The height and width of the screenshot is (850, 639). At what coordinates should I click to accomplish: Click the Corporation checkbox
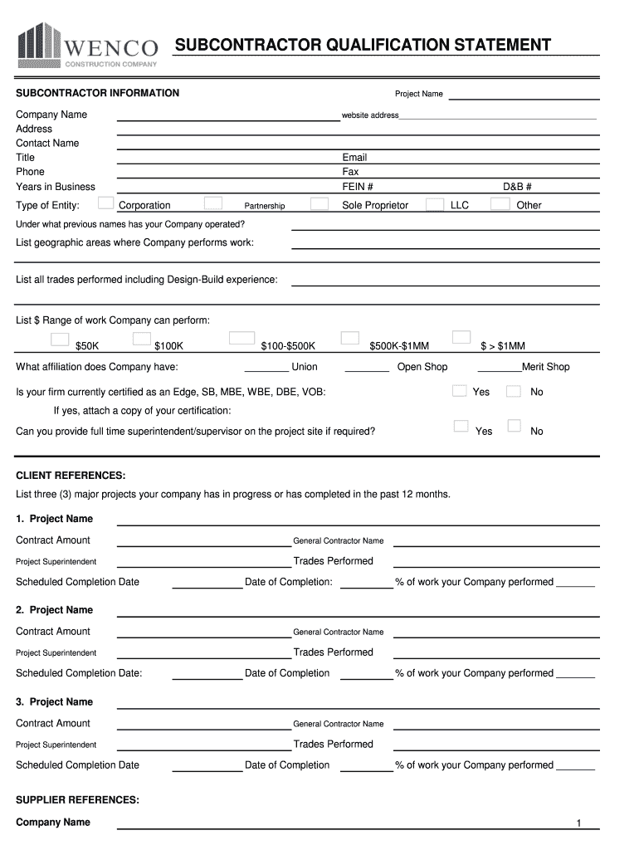tap(106, 203)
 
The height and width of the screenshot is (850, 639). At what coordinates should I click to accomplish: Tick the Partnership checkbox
tap(213, 203)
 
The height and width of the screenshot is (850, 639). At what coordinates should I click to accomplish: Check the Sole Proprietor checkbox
tap(319, 203)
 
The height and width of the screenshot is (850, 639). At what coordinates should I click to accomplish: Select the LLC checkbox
tap(434, 204)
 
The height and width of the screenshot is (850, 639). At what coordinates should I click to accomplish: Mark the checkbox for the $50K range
tap(60, 339)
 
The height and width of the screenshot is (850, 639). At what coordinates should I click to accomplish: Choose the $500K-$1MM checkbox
tap(350, 338)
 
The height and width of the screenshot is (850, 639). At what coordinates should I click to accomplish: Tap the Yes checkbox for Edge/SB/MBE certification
tap(459, 391)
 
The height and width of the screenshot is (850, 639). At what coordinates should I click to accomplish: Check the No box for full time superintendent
tap(515, 426)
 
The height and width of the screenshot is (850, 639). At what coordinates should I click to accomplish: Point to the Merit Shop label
tap(545, 367)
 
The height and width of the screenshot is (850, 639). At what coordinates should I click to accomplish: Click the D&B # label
tap(517, 187)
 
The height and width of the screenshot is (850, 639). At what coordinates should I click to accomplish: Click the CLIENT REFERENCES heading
tap(71, 476)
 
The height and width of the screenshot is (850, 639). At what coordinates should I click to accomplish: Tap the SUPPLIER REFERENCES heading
tap(78, 800)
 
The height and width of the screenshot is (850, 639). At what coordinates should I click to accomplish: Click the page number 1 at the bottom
tap(579, 823)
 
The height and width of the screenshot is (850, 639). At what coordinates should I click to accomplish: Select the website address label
tap(370, 115)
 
